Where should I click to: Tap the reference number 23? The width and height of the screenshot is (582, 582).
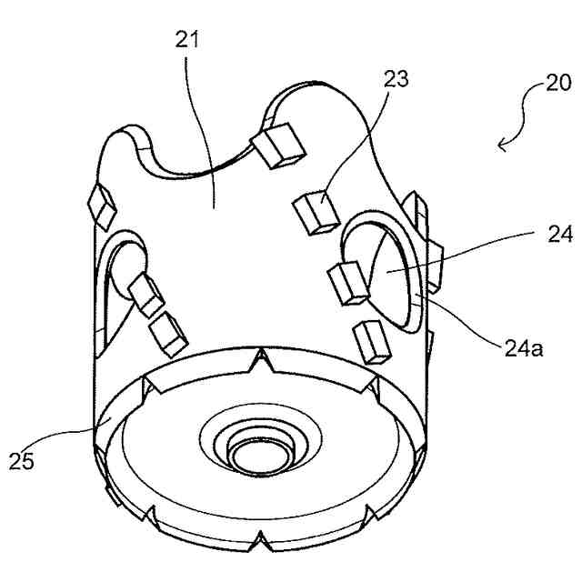coord(396,80)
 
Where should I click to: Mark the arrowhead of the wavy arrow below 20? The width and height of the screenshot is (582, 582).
coord(501,145)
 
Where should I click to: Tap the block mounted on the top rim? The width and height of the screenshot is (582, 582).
coord(278,146)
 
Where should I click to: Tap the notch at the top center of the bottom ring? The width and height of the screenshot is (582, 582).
coord(262,364)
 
